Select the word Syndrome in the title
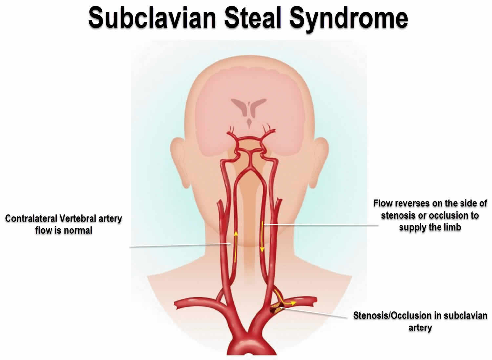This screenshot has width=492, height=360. click(349, 18)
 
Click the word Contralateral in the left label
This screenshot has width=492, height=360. click(32, 218)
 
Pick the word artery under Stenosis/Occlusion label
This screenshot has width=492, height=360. click(420, 328)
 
